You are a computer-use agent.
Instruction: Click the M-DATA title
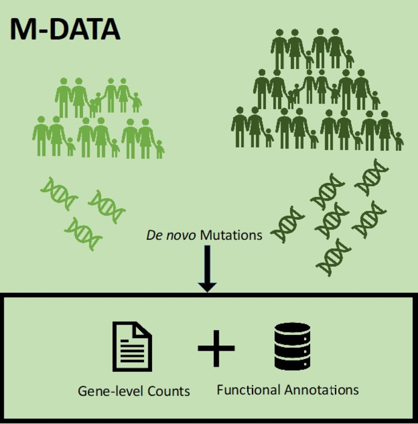(65, 30)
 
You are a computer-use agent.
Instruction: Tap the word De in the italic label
(153, 235)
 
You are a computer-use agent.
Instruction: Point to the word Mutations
(231, 235)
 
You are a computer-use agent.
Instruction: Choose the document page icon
(131, 347)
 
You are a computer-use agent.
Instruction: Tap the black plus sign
(216, 348)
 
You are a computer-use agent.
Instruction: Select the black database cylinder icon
(292, 346)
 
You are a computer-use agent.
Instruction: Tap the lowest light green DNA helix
(83, 234)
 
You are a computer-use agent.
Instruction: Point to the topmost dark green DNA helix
(371, 177)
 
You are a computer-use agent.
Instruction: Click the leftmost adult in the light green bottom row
(41, 137)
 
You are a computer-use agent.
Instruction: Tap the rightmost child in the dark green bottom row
(398, 141)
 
